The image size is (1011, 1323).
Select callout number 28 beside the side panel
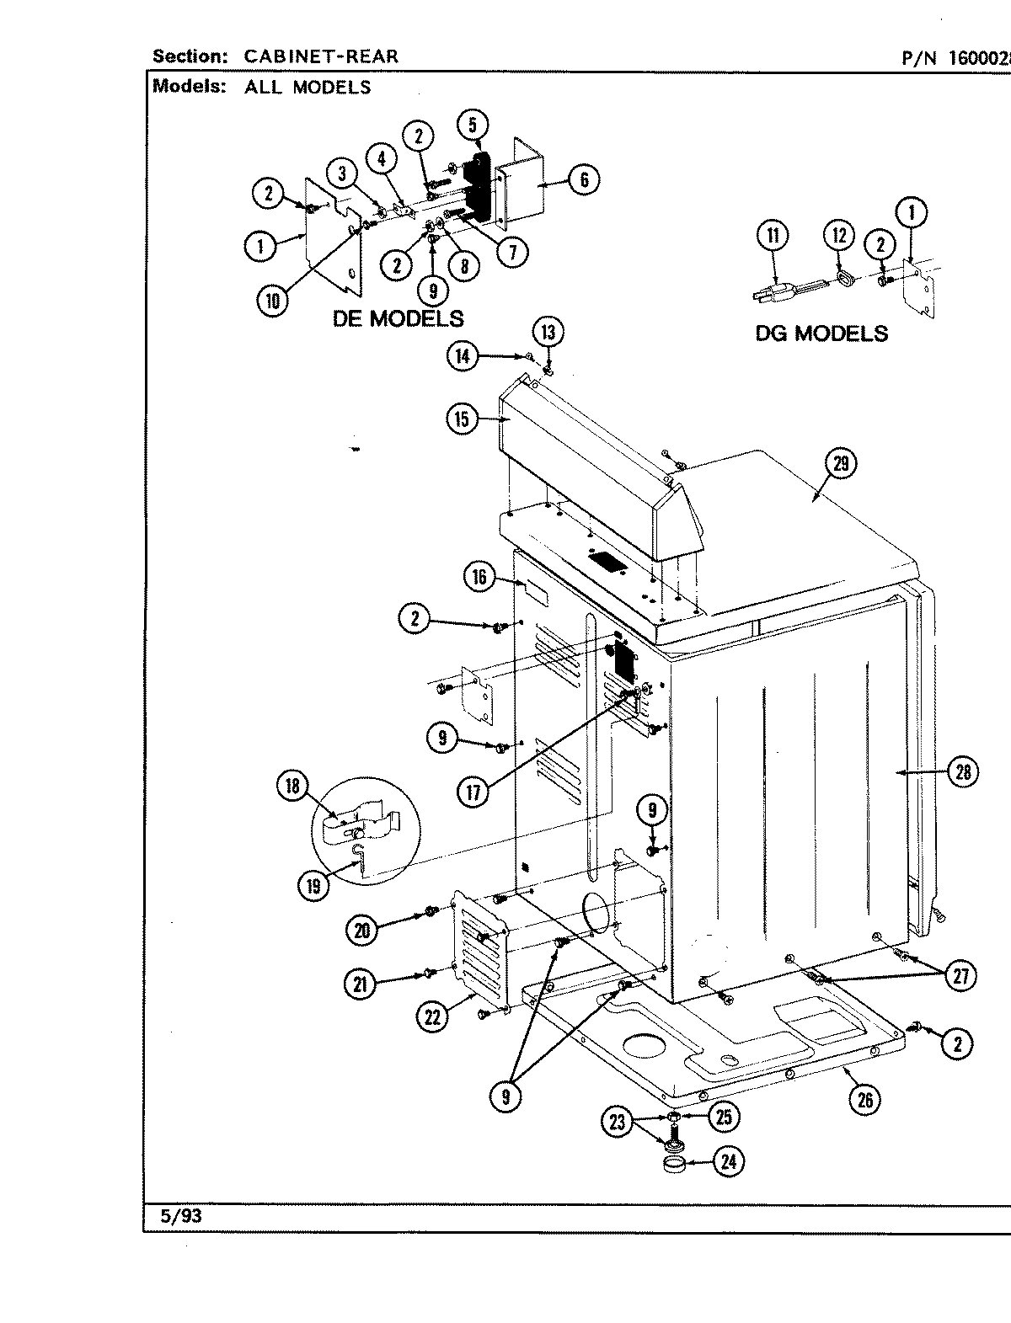(x=963, y=771)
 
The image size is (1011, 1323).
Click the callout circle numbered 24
(x=730, y=1161)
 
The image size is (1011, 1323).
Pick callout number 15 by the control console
(x=462, y=419)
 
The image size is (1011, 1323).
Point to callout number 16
(x=479, y=577)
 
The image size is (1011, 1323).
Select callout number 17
(x=475, y=792)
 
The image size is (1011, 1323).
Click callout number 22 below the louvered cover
(x=432, y=1017)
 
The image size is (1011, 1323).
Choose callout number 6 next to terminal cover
(x=584, y=179)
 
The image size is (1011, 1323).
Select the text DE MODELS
(x=398, y=318)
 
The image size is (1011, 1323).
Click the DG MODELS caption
(x=821, y=333)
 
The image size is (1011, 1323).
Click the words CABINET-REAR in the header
(x=321, y=56)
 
